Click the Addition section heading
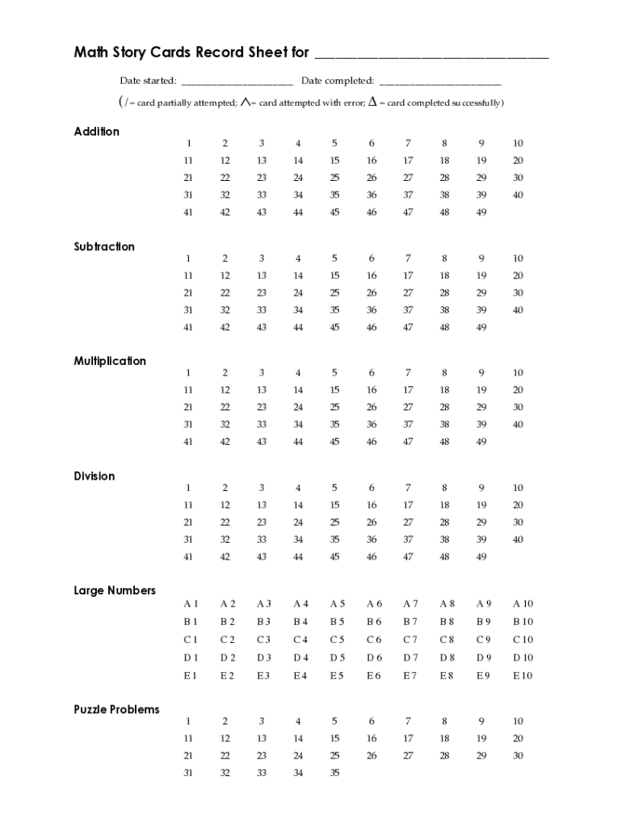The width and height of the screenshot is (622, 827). (97, 132)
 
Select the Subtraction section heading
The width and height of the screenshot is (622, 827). (104, 246)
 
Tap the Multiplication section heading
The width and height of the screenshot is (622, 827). (110, 361)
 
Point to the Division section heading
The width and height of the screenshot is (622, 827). (95, 476)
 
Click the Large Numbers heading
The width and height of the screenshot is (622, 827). (115, 590)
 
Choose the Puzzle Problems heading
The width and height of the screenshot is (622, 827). (116, 709)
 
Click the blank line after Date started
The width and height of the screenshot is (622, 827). (237, 82)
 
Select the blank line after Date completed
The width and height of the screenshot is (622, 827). (439, 82)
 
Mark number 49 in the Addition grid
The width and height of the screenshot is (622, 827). (481, 212)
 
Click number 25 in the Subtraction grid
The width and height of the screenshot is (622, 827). (334, 293)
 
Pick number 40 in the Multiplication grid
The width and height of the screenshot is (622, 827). (518, 425)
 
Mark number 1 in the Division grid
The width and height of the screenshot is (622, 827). (188, 488)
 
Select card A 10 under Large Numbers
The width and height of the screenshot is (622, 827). (523, 604)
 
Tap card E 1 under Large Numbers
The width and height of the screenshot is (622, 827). (190, 676)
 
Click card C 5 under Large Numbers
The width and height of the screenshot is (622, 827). (337, 640)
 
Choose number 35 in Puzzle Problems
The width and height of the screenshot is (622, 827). (334, 773)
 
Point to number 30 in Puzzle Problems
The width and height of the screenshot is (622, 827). (518, 756)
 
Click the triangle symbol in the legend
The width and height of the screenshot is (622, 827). (372, 102)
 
